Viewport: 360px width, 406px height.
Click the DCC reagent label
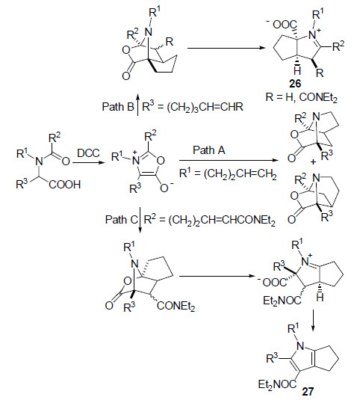click(88, 153)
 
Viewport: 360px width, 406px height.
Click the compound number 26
click(295, 84)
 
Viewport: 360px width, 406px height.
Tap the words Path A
click(209, 150)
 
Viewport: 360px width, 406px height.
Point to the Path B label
click(118, 107)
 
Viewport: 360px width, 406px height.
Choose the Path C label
click(121, 220)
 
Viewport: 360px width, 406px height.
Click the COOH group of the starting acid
click(64, 185)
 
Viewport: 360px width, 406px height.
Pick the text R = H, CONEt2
click(302, 98)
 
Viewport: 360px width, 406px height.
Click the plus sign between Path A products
click(313, 162)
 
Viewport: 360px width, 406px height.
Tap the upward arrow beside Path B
click(138, 105)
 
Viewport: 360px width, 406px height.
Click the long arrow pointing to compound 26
click(226, 48)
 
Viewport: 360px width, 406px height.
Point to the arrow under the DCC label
click(89, 162)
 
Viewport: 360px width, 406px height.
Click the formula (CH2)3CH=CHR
click(205, 107)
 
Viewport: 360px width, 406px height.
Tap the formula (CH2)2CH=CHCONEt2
click(222, 221)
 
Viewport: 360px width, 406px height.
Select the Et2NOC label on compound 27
click(277, 384)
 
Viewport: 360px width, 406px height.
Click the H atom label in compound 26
click(298, 70)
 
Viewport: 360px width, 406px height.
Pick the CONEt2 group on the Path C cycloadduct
click(176, 307)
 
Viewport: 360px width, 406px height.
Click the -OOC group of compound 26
click(282, 24)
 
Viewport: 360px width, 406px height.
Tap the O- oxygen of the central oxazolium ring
click(167, 188)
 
